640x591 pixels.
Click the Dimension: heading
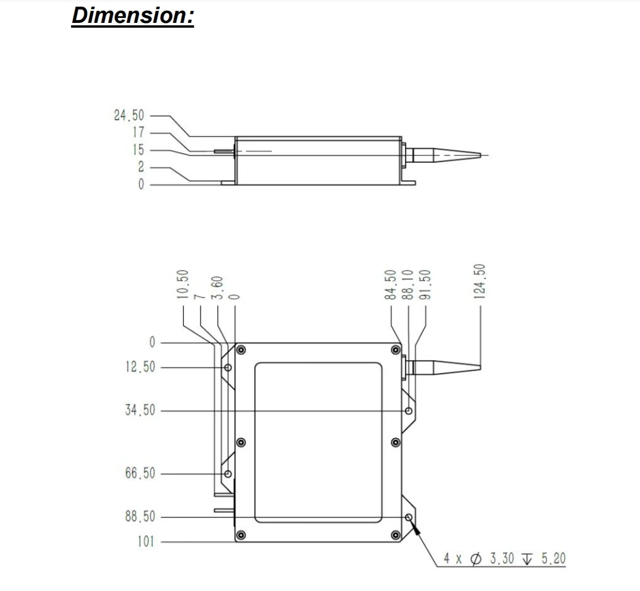(132, 16)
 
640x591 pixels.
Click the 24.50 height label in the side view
(129, 116)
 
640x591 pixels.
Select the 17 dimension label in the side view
(138, 133)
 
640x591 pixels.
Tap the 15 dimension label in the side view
(138, 150)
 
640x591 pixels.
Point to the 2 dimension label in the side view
(141, 167)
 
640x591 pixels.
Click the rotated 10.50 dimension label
(183, 284)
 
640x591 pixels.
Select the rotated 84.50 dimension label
(391, 284)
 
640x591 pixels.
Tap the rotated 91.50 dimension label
(425, 284)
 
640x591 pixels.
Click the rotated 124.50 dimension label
(480, 281)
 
